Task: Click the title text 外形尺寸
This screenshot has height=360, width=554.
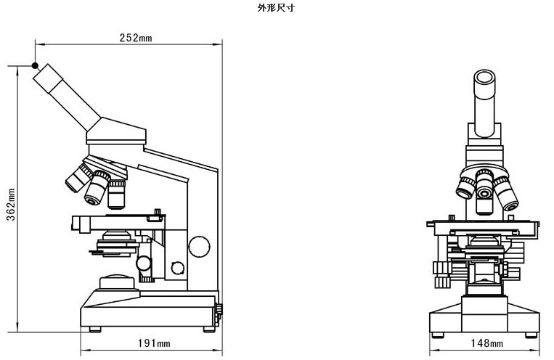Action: click(277, 8)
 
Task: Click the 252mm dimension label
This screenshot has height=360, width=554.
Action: click(135, 38)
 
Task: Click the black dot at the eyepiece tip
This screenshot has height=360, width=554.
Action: click(35, 65)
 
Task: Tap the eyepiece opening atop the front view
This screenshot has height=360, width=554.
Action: click(485, 77)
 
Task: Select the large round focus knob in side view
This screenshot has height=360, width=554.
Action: click(199, 246)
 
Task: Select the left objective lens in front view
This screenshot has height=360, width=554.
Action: click(465, 189)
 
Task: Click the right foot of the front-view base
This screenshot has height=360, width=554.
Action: click(531, 334)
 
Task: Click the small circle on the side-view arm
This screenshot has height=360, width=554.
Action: click(177, 268)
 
